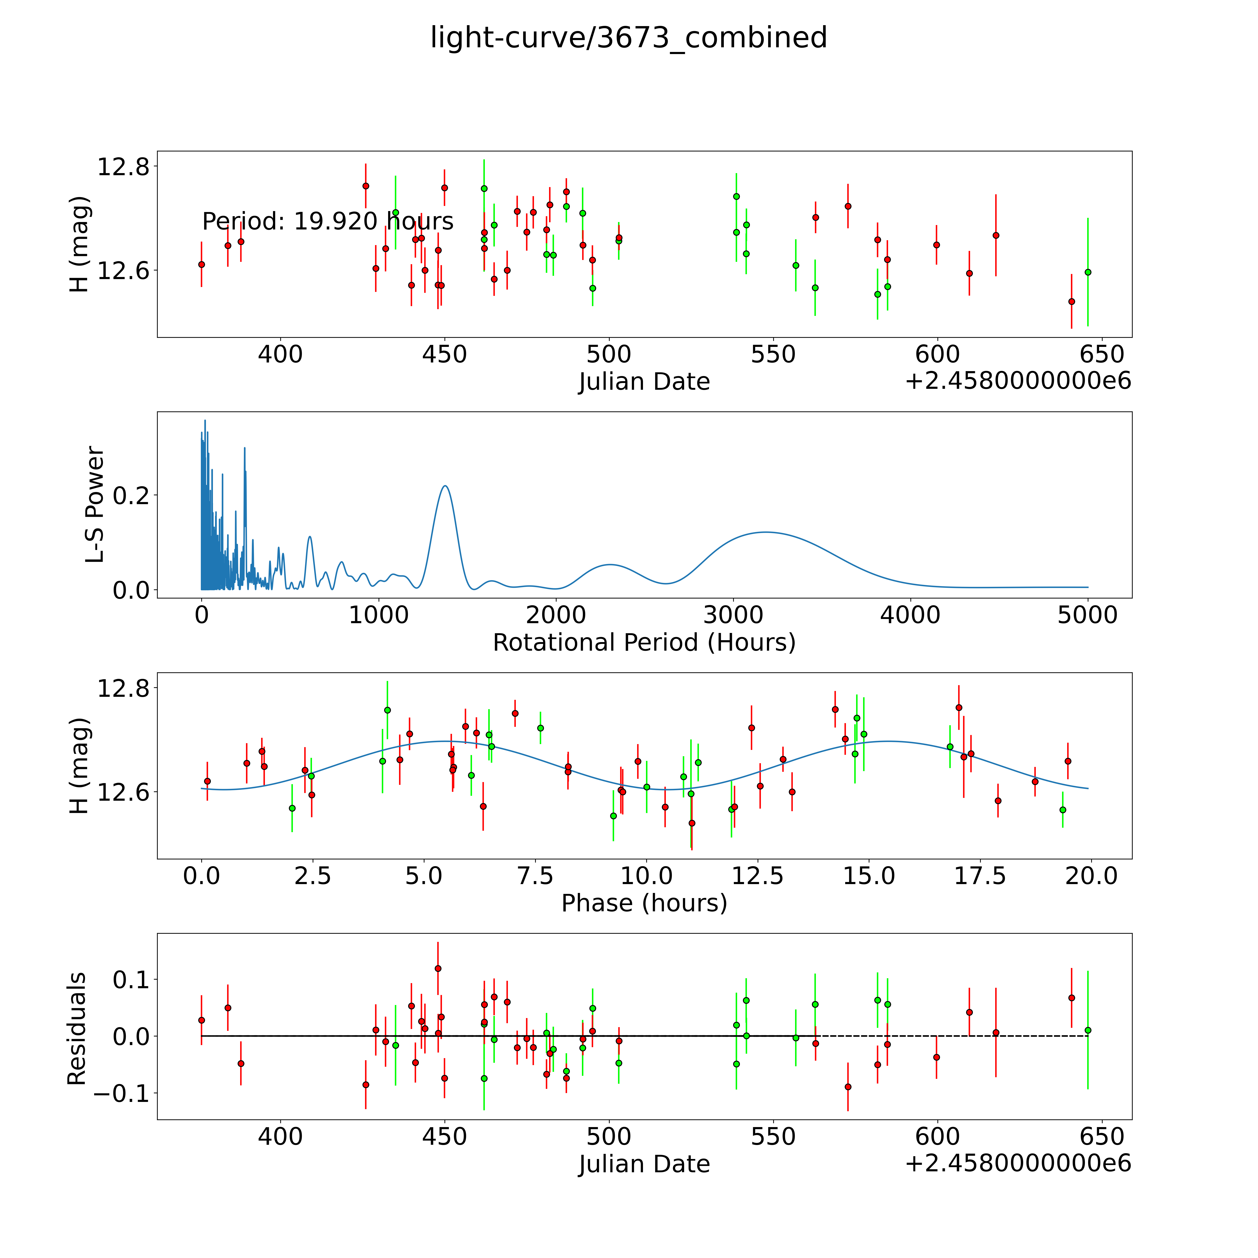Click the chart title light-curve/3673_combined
[628, 38]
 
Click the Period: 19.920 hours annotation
[328, 221]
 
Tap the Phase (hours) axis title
[644, 903]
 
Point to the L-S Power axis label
[95, 505]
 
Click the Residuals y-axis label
[77, 1029]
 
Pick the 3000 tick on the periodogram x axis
[733, 615]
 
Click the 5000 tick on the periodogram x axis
[1087, 615]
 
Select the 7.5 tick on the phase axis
[535, 876]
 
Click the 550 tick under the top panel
[773, 355]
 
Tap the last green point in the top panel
[1087, 272]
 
